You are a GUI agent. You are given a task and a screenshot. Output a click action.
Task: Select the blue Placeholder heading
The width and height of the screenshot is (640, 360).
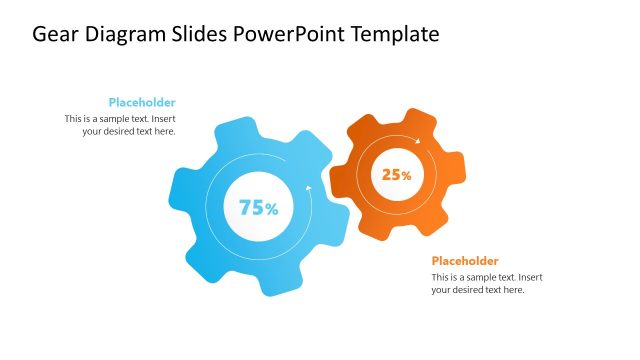tap(142, 102)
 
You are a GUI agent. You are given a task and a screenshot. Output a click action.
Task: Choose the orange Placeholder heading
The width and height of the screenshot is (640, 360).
tap(465, 261)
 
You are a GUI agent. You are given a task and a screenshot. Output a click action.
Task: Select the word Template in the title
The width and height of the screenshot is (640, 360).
tap(396, 35)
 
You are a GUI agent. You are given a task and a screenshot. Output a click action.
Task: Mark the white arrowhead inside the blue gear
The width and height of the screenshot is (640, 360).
tap(309, 187)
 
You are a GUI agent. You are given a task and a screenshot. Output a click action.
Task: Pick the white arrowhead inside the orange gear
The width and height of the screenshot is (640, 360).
tap(417, 142)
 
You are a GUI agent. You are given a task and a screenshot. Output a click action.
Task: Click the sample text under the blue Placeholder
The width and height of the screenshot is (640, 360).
tap(120, 124)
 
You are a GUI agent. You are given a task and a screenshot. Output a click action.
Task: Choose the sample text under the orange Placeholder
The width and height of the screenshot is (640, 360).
tap(487, 283)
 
